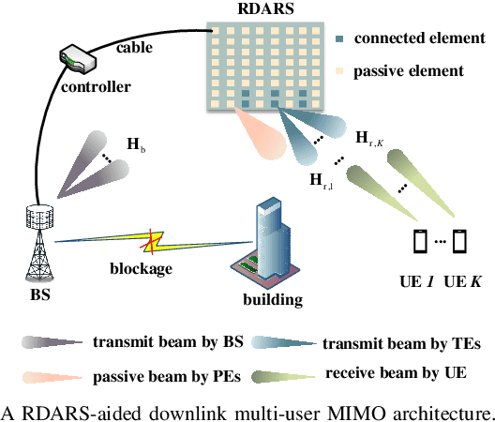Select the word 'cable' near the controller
[139, 46]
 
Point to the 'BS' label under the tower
[39, 286]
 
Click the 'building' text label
[272, 301]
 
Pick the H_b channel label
[136, 146]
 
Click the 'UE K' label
[461, 281]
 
